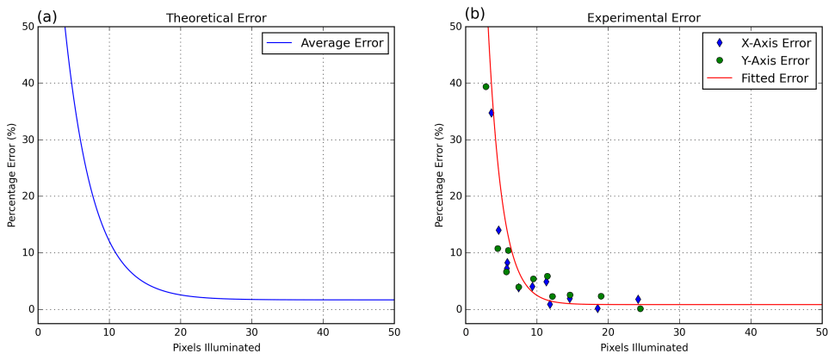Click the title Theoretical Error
point(215,17)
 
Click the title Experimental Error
point(643,17)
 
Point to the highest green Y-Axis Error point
point(486,87)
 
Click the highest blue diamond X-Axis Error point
point(492,113)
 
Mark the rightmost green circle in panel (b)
point(640,309)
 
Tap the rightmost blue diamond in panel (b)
point(638,299)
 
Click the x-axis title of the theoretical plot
point(215,348)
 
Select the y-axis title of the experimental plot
point(439,176)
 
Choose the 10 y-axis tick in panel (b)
point(454,252)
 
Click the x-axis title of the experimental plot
point(643,348)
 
